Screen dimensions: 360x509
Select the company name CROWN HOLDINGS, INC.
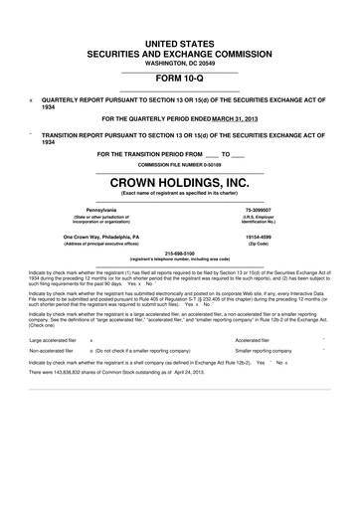pos(180,182)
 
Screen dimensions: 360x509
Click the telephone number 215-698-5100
pos(180,253)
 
